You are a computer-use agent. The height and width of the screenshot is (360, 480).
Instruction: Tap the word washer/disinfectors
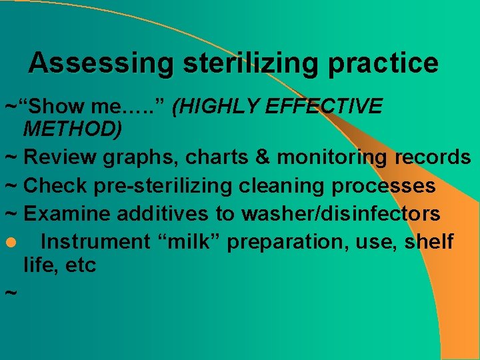[x=341, y=214]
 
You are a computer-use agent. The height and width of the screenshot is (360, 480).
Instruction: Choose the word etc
[x=81, y=265]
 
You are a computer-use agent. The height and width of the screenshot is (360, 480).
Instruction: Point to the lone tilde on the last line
[x=9, y=293]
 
